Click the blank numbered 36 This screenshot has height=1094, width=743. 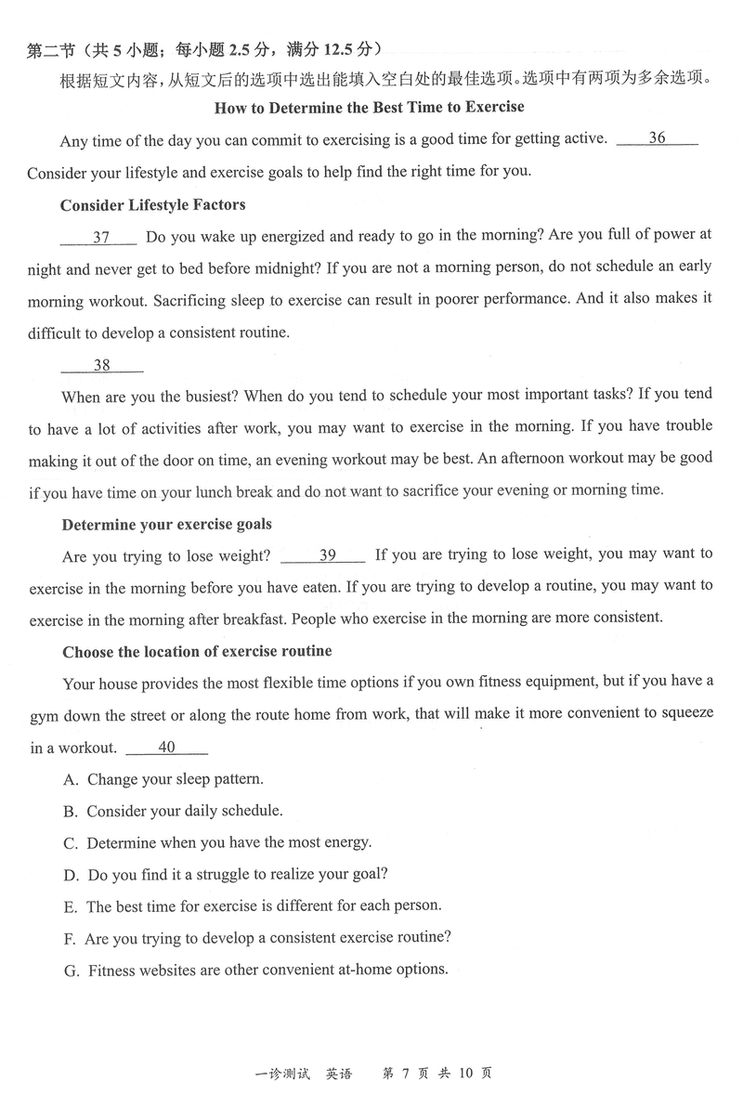pyautogui.click(x=657, y=139)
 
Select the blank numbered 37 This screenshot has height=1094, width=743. pyautogui.click(x=100, y=238)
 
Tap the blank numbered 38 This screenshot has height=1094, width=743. pyautogui.click(x=102, y=366)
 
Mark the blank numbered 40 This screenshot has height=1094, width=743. pyautogui.click(x=166, y=748)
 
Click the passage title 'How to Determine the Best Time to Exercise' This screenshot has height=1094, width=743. pyautogui.click(x=370, y=108)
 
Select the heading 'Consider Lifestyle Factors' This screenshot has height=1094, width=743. pyautogui.click(x=152, y=204)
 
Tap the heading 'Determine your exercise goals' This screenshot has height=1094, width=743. pyautogui.click(x=166, y=525)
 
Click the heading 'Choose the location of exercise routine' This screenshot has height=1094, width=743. pyautogui.click(x=197, y=652)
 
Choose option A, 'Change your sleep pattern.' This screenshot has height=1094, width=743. pyautogui.click(x=163, y=779)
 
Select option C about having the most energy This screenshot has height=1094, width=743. pyautogui.click(x=217, y=842)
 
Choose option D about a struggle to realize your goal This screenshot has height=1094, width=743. pyautogui.click(x=226, y=874)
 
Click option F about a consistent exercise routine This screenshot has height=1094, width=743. pyautogui.click(x=258, y=938)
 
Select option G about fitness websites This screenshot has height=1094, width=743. pyautogui.click(x=255, y=970)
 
